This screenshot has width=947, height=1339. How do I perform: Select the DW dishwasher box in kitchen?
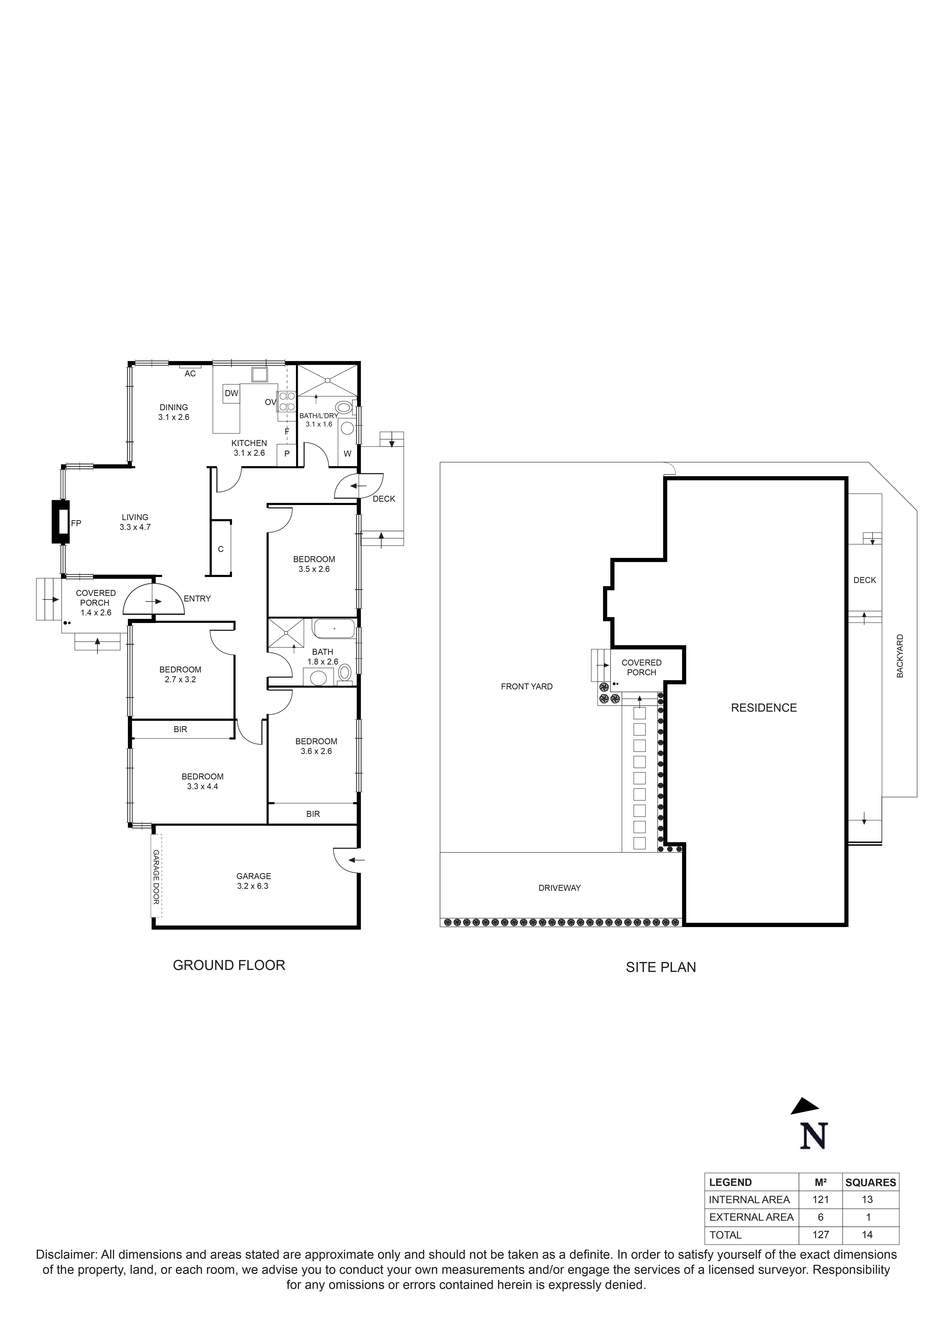coord(231,394)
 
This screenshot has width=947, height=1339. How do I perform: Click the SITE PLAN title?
coord(661,967)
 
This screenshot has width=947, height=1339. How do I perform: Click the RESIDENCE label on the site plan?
coord(763,708)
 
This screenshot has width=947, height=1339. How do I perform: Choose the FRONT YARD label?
coord(526,686)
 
